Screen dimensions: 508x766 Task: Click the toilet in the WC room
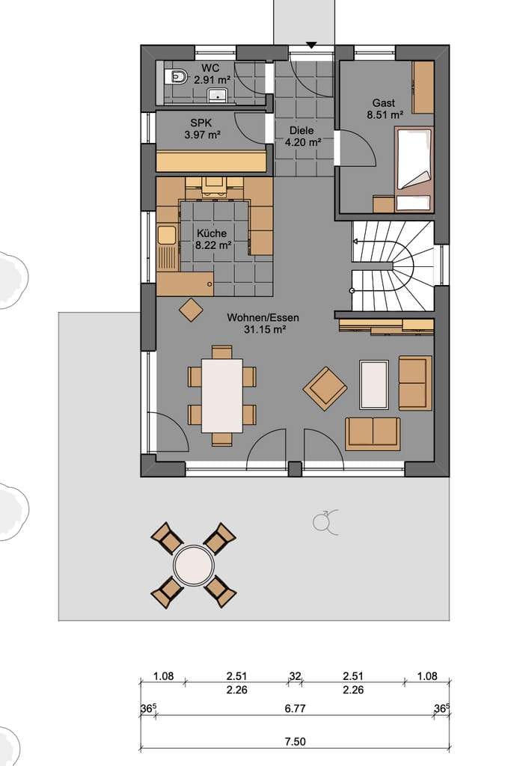coord(177,77)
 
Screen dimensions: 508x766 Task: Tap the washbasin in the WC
coord(218,95)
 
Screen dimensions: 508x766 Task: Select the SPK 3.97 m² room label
coord(202,129)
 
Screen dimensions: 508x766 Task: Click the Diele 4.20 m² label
coord(302,136)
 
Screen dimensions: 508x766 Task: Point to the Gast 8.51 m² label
coord(385,109)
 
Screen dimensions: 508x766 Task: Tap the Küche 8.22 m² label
coord(212,239)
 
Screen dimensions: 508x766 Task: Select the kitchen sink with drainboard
coord(167,248)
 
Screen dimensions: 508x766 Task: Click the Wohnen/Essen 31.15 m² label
coord(263,323)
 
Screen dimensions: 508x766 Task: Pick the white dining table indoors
coord(222,396)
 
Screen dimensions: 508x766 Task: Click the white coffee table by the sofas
coord(374,384)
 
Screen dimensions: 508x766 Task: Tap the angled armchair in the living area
coord(325,389)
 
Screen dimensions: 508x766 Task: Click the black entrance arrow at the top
coord(311,46)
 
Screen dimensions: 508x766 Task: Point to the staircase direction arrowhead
coord(355,241)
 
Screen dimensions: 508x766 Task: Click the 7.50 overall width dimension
coord(295,741)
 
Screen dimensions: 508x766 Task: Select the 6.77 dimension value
coord(295,708)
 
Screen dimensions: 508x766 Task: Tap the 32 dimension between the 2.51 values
coord(295,676)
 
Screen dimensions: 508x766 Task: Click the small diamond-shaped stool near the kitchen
coord(191,310)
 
